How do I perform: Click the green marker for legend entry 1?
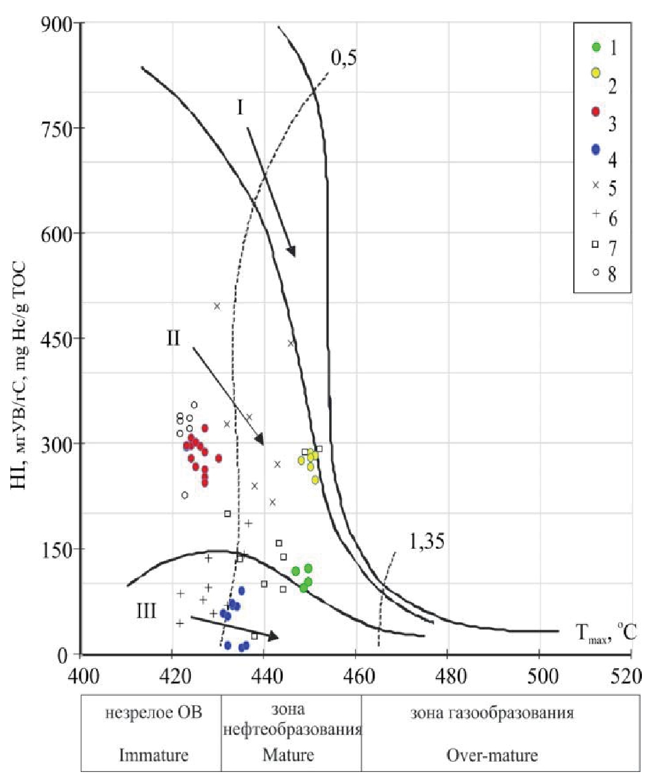[x=596, y=47]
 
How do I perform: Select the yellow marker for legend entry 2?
[x=595, y=73]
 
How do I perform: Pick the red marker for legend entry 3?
[x=596, y=111]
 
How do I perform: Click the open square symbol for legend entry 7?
[x=595, y=245]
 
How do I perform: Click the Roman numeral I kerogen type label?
[x=240, y=107]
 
